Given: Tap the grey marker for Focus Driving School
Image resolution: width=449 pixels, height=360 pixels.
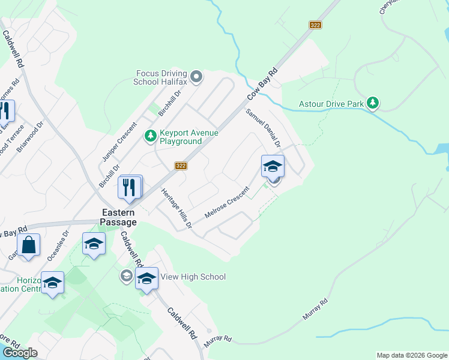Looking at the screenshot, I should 196,77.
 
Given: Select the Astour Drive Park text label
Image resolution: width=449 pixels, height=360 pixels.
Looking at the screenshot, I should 331,104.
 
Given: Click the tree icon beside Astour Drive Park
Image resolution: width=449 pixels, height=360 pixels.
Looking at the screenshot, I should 373,103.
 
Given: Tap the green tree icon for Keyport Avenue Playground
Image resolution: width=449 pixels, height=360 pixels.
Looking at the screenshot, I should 150,137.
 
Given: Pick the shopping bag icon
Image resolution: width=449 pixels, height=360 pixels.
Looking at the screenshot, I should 28,245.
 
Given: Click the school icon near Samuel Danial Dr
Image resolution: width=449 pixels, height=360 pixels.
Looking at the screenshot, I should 273,166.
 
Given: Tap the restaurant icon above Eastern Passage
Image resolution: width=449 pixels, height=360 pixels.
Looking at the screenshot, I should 131,187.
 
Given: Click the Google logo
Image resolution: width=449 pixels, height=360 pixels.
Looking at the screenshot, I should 20,353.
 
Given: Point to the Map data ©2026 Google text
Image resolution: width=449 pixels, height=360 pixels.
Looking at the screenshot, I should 412,355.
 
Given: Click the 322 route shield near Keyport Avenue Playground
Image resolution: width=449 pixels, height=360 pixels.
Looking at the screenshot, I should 181,166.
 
